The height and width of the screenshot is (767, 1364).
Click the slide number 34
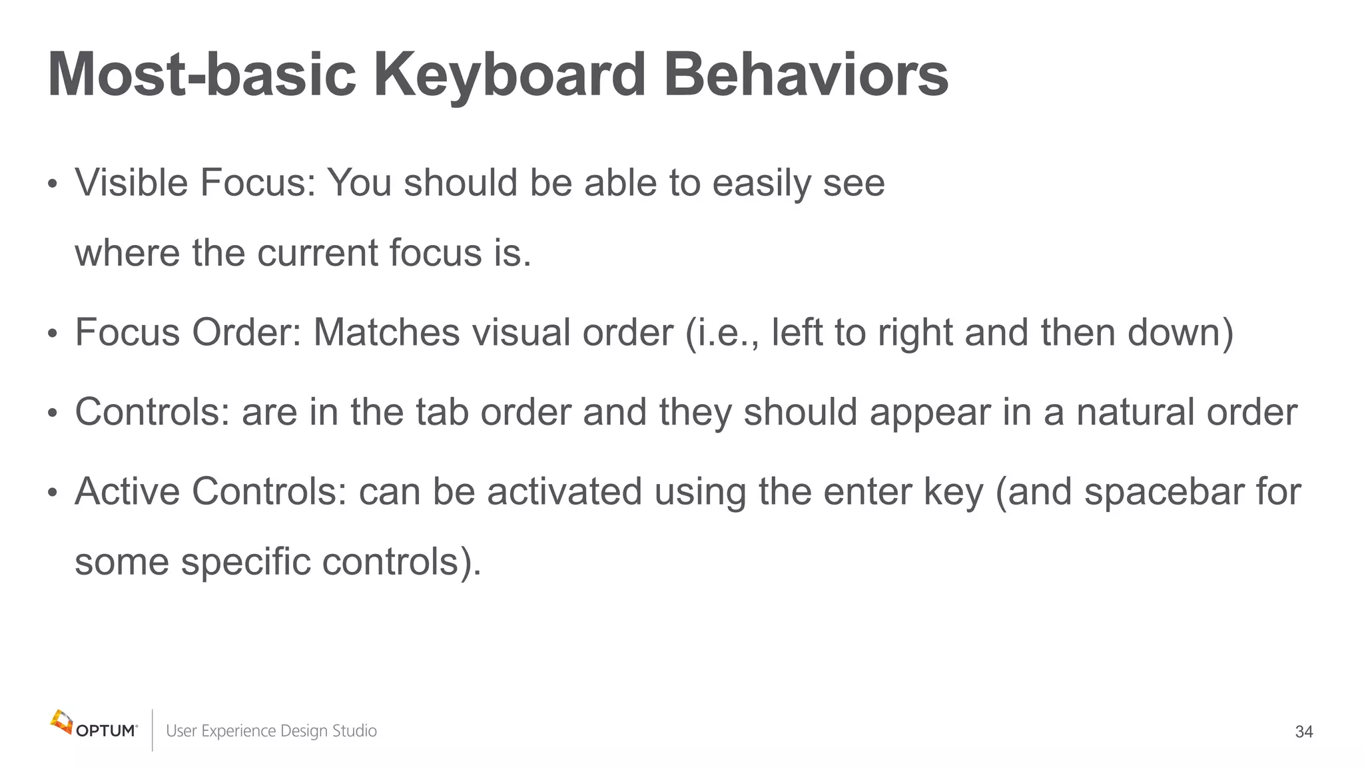click(1303, 732)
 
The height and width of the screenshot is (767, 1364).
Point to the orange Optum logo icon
click(61, 722)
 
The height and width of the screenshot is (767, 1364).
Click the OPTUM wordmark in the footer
click(107, 731)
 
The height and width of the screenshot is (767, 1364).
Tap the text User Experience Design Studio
click(271, 731)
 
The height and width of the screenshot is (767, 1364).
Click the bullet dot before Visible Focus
click(53, 184)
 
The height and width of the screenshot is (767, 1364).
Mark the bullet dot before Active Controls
click(53, 493)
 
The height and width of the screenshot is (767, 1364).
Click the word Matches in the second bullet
click(386, 332)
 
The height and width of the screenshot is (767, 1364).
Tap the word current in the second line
click(317, 254)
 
